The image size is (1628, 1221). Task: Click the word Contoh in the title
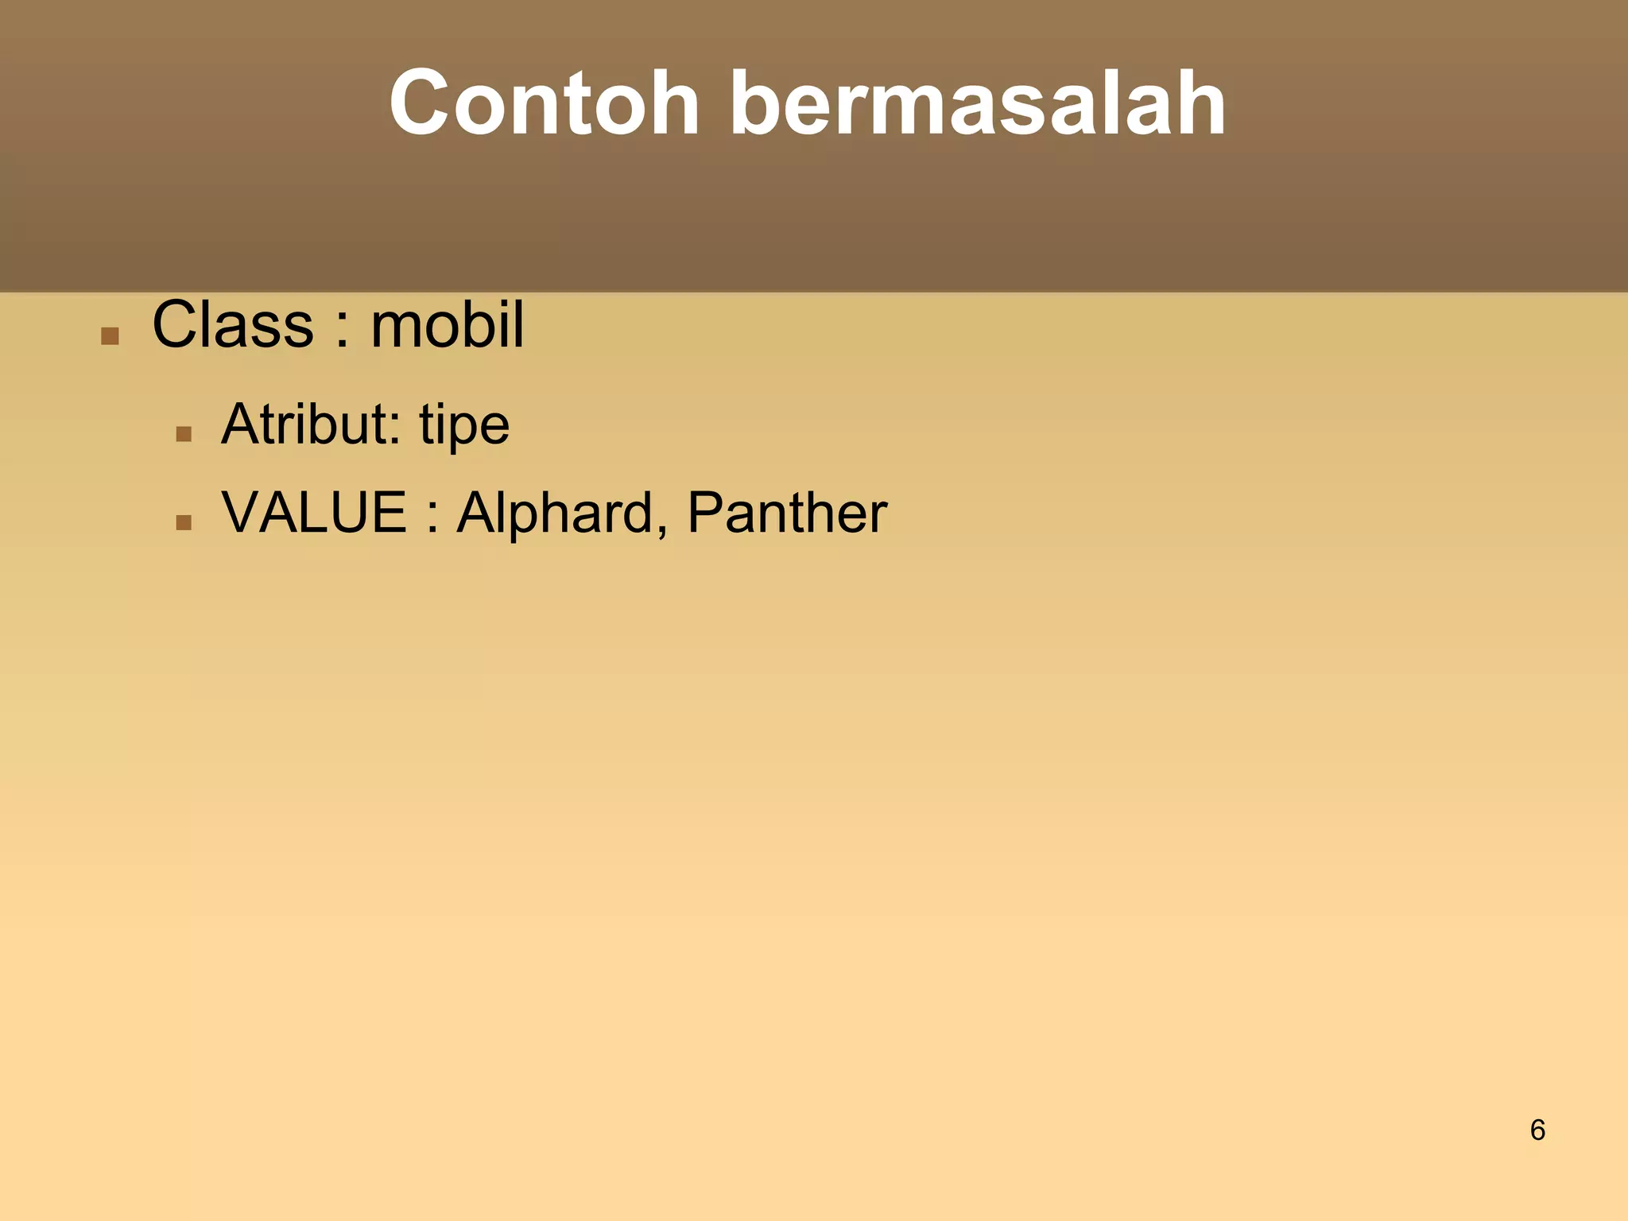(x=544, y=103)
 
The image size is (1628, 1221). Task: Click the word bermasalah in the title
(x=977, y=103)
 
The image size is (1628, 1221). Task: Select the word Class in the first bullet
(x=233, y=325)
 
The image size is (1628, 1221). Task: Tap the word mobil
(x=447, y=325)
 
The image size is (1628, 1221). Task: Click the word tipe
(x=464, y=426)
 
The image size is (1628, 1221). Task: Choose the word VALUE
(x=314, y=513)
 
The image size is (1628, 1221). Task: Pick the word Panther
(x=787, y=513)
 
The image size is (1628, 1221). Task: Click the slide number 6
(x=1537, y=1130)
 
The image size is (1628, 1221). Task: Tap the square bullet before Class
(x=110, y=336)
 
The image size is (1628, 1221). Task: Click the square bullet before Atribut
(x=184, y=434)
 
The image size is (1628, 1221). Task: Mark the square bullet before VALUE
(x=184, y=522)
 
